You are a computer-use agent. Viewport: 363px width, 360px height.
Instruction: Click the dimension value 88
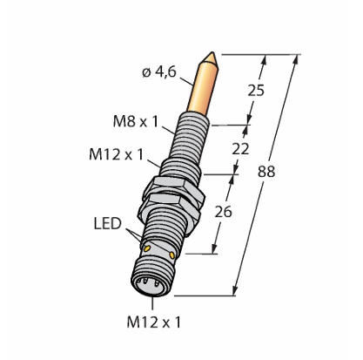pyautogui.click(x=266, y=172)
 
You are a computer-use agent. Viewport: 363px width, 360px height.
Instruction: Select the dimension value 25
pyautogui.click(x=256, y=91)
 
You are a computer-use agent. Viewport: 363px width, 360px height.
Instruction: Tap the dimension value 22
pyautogui.click(x=240, y=149)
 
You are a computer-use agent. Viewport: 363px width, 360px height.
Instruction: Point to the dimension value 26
pyautogui.click(x=223, y=212)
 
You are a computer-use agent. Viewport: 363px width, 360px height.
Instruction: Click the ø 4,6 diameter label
pyautogui.click(x=159, y=71)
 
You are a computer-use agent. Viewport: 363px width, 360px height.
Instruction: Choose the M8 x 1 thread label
pyautogui.click(x=136, y=121)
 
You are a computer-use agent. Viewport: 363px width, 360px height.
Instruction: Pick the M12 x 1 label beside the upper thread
pyautogui.click(x=117, y=154)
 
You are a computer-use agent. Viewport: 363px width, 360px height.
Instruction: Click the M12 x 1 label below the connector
pyautogui.click(x=154, y=322)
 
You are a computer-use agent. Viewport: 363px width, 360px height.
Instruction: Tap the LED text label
pyautogui.click(x=107, y=224)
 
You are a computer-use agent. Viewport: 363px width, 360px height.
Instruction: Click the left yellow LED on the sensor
pyautogui.click(x=147, y=248)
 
